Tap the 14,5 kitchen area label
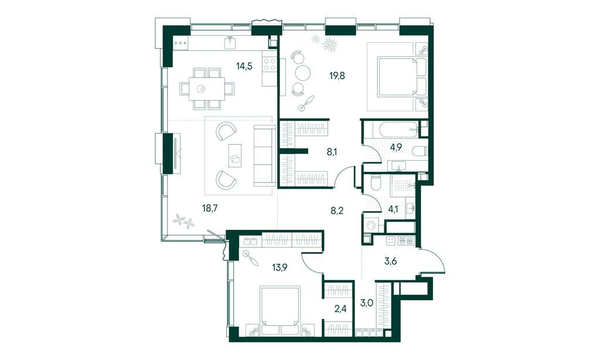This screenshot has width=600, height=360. [x=244, y=66]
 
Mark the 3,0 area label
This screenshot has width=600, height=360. [x=367, y=303]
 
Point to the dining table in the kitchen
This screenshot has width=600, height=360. [x=201, y=89]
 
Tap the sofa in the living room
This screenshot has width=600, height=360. [x=264, y=155]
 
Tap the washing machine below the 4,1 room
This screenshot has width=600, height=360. [x=370, y=225]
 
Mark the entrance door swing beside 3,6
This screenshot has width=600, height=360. [x=434, y=262]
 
